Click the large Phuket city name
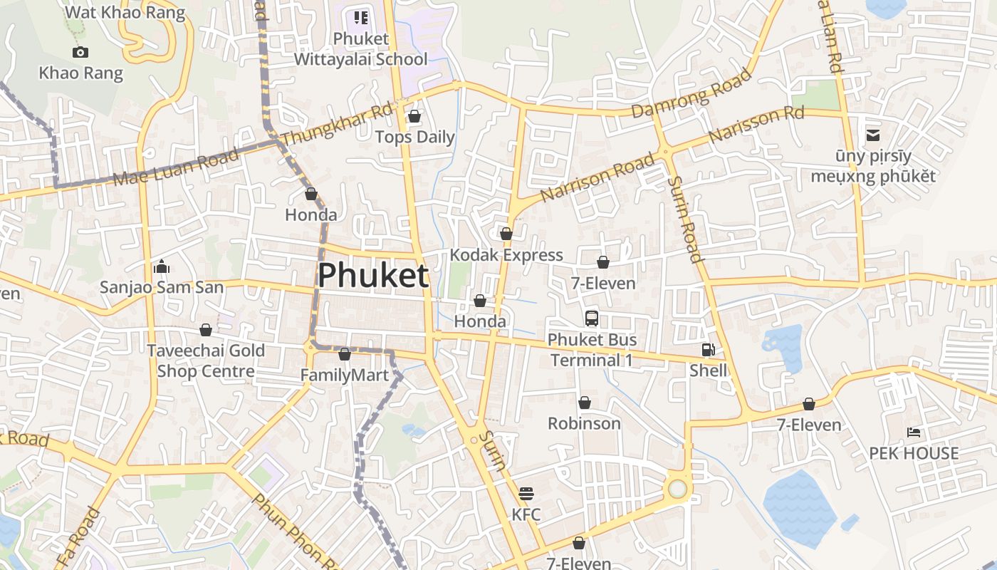point(373,276)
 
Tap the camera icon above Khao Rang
point(80,52)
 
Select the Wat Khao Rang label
point(125,13)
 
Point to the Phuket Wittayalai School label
point(361,48)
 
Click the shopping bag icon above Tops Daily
point(414,116)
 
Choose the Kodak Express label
point(506,255)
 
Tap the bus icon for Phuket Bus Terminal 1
point(592,318)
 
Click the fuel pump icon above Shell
point(708,350)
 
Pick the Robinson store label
point(584,423)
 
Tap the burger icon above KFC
point(526,493)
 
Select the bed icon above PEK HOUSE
point(914,432)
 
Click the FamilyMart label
point(345,375)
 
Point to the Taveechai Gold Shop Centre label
point(206,361)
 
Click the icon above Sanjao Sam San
point(162,267)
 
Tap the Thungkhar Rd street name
point(338,126)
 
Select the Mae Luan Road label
point(175,169)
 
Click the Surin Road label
point(685,219)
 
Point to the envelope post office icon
point(873,135)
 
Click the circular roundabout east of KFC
point(677,489)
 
